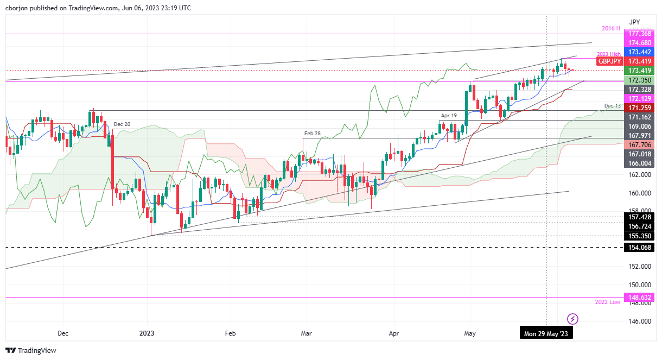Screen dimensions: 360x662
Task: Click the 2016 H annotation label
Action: point(611,28)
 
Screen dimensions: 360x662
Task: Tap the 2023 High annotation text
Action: point(608,53)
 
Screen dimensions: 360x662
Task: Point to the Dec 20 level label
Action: point(122,124)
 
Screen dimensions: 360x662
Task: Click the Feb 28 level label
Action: point(312,133)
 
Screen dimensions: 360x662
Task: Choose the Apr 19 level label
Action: point(449,116)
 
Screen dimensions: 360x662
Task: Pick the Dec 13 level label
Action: point(612,105)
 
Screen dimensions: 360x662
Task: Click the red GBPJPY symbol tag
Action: point(609,61)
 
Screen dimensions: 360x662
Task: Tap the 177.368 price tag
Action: point(639,34)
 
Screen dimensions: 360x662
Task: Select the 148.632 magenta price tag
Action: point(639,298)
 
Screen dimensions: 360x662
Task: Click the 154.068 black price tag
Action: point(639,248)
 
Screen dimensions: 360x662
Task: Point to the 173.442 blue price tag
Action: point(639,52)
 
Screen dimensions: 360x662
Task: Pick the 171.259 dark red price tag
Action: point(639,108)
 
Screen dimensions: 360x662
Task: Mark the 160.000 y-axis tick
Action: point(639,193)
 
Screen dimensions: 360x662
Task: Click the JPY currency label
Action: point(634,22)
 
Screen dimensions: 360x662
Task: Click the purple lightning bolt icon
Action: point(572,318)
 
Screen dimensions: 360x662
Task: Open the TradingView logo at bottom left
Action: point(31,351)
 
